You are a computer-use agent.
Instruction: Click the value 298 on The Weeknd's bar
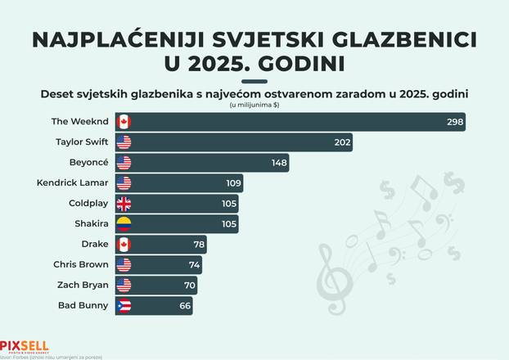tap(454, 122)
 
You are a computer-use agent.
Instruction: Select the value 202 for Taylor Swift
tap(341, 142)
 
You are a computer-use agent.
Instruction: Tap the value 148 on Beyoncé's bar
tap(279, 163)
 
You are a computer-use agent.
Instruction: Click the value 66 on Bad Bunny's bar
tap(185, 306)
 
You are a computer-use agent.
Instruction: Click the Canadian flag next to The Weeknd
tap(124, 122)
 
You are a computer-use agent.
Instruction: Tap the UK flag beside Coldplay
tap(124, 204)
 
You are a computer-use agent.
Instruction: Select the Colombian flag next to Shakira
tap(124, 224)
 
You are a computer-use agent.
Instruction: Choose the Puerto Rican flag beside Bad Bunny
tap(124, 306)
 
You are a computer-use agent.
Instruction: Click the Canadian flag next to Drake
tap(124, 245)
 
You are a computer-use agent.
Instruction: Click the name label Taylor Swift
tap(81, 142)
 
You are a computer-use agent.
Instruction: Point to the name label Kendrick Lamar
tap(72, 183)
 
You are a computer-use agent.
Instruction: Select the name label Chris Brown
tap(81, 265)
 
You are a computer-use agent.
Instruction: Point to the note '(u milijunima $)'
tap(254, 104)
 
